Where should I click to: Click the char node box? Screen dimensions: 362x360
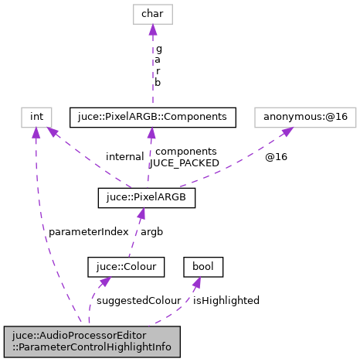pyautogui.click(x=152, y=13)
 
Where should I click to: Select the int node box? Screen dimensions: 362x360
pyautogui.click(x=36, y=117)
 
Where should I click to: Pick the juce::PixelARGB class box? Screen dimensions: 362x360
pyautogui.click(x=146, y=197)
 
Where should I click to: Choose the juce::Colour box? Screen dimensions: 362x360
pyautogui.click(x=126, y=267)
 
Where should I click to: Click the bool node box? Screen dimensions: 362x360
pyautogui.click(x=203, y=267)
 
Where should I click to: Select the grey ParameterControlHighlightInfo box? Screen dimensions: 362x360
pyautogui.click(x=92, y=342)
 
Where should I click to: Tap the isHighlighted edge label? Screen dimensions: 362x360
pyautogui.click(x=226, y=300)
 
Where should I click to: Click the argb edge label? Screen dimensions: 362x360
pyautogui.click(x=151, y=231)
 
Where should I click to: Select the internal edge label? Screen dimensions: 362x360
pyautogui.click(x=125, y=156)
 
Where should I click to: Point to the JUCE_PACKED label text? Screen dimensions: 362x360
pyautogui.click(x=183, y=162)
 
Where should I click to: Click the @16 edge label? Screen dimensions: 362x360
pyautogui.click(x=276, y=156)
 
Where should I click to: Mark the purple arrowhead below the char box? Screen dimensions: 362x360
pyautogui.click(x=152, y=30)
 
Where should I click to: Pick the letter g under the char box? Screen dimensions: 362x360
pyautogui.click(x=158, y=48)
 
